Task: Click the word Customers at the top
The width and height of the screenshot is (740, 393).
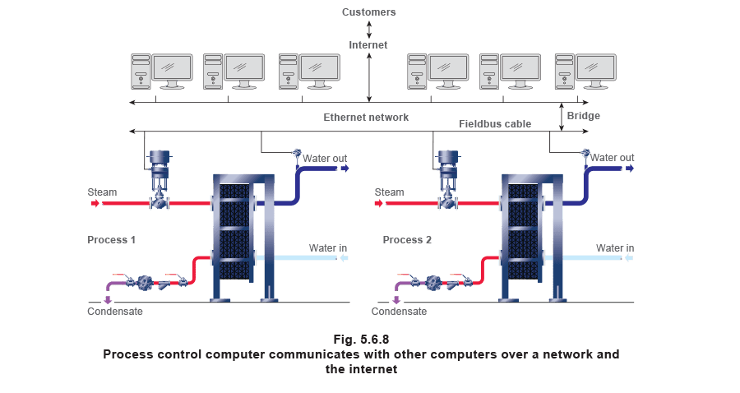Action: (368, 12)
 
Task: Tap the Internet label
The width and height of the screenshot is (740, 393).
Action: (368, 45)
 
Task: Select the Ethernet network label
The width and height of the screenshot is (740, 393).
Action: (366, 118)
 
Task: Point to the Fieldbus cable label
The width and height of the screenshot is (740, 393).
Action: (495, 124)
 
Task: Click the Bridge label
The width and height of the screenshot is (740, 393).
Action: (583, 116)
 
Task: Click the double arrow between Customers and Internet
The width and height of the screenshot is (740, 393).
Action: (369, 29)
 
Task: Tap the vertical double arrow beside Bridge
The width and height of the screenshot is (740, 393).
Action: (562, 117)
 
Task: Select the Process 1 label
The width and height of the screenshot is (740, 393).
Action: (111, 240)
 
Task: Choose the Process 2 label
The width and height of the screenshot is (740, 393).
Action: (407, 240)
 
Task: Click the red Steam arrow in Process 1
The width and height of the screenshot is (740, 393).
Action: (95, 203)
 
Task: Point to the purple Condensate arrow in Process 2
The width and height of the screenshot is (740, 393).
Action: (396, 300)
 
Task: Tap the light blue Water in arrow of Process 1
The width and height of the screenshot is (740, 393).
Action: (344, 258)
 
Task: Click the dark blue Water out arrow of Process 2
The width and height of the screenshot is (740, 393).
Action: (630, 169)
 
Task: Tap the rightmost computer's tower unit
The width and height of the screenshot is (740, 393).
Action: (564, 72)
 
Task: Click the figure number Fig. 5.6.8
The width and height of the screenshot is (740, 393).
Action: (361, 340)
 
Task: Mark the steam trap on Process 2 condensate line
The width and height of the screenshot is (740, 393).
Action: (433, 283)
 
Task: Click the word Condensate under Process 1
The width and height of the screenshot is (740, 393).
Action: (114, 312)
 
